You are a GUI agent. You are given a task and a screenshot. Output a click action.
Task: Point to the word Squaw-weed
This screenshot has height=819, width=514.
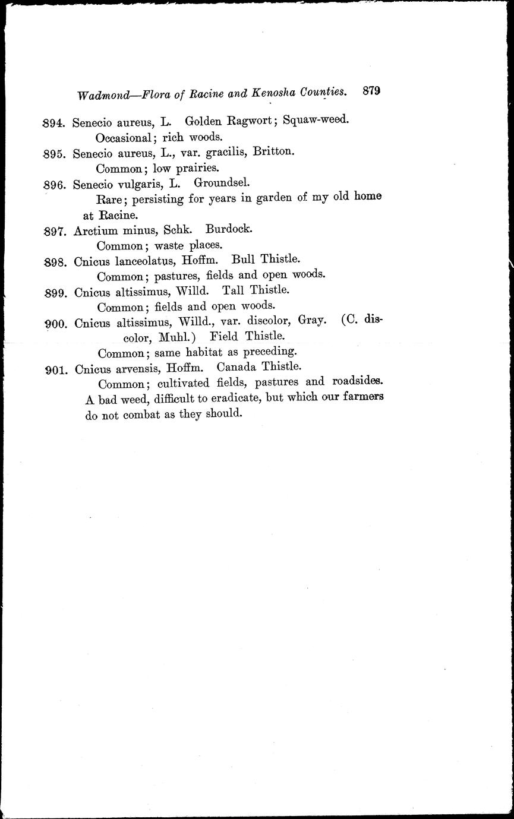coord(316,119)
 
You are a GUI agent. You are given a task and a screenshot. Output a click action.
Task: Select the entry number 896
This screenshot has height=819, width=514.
coord(55,184)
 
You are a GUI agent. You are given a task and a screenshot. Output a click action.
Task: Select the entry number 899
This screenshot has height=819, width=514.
coord(56,292)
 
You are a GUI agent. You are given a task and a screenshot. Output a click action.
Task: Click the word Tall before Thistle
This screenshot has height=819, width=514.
coord(234,290)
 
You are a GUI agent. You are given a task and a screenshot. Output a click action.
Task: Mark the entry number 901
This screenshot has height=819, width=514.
coord(56,369)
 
